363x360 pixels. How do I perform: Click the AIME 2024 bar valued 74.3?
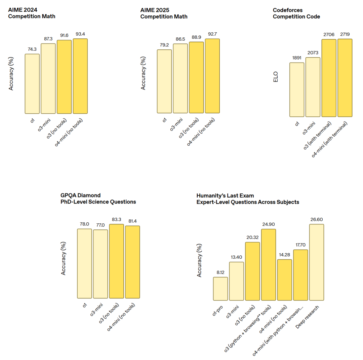(x=32, y=84)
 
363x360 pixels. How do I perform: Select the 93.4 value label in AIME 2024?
(x=80, y=34)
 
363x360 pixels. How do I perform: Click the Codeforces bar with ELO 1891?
(x=297, y=89)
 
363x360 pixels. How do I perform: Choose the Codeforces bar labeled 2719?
(x=345, y=78)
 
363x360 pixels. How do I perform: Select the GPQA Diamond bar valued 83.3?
(x=116, y=261)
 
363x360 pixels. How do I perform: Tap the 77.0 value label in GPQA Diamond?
(x=100, y=225)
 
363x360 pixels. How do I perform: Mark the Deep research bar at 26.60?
(x=317, y=262)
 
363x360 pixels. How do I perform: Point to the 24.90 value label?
(x=269, y=224)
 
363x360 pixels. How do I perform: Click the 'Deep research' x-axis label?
(x=308, y=318)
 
